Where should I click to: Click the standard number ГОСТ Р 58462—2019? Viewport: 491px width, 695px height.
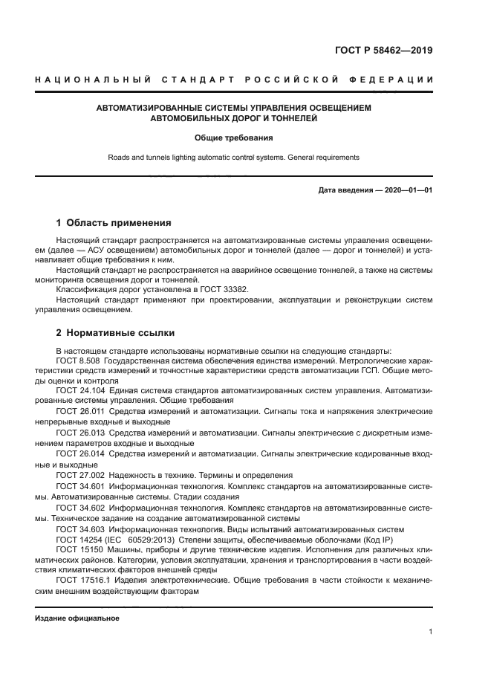[x=384, y=51]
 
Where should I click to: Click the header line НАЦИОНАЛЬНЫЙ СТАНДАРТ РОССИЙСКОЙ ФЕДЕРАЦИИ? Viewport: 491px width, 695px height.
[x=234, y=79]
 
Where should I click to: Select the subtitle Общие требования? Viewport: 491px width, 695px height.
[x=234, y=138]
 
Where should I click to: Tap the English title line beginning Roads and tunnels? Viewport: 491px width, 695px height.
[x=234, y=158]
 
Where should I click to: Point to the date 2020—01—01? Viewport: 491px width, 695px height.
[x=408, y=190]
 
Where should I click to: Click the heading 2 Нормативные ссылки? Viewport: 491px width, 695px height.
[x=115, y=332]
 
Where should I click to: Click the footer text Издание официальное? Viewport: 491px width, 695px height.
[x=77, y=618]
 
